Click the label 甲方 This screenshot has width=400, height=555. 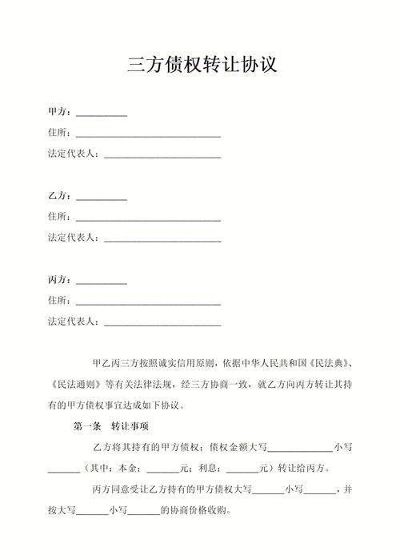[58, 112]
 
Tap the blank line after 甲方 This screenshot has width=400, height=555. [101, 114]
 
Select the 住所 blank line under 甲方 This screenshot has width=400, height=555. [148, 134]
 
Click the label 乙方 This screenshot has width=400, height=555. [58, 196]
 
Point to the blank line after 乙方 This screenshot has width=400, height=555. [101, 198]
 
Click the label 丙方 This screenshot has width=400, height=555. [58, 280]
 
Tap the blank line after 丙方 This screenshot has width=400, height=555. [101, 281]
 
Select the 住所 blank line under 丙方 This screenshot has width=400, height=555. [148, 302]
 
